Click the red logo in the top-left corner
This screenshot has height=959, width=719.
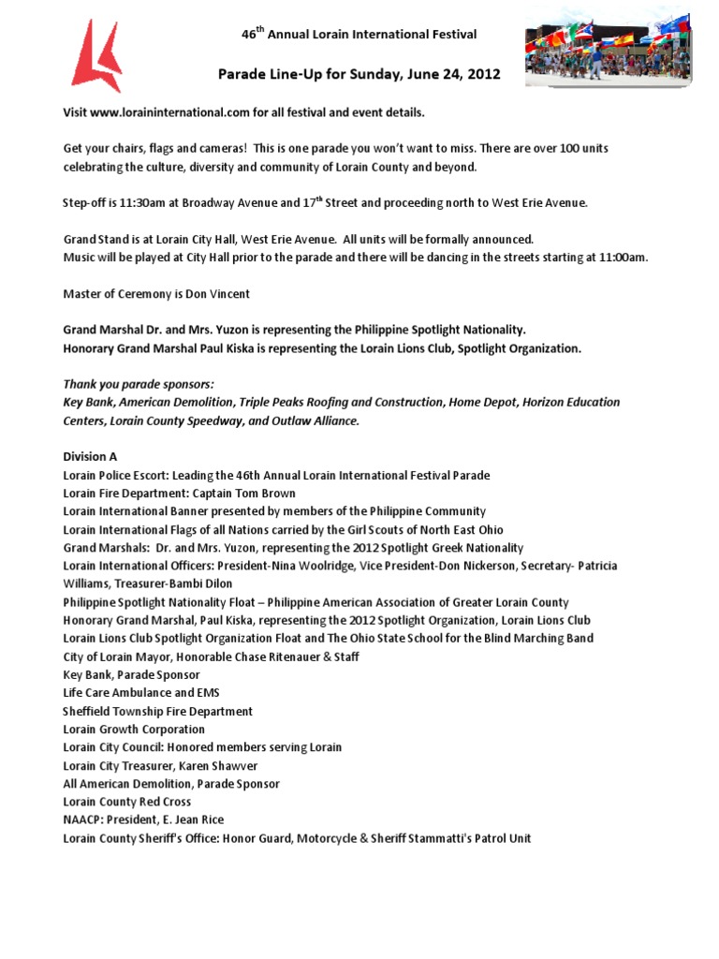pyautogui.click(x=96, y=56)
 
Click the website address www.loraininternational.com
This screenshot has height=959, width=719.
pyautogui.click(x=171, y=112)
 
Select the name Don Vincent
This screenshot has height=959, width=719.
pyautogui.click(x=219, y=293)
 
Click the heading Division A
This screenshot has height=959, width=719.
pyautogui.click(x=90, y=457)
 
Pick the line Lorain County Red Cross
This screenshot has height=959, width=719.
pyautogui.click(x=126, y=803)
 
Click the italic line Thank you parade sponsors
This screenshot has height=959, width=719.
pyautogui.click(x=139, y=384)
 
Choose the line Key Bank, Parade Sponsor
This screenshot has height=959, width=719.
pyautogui.click(x=131, y=675)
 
